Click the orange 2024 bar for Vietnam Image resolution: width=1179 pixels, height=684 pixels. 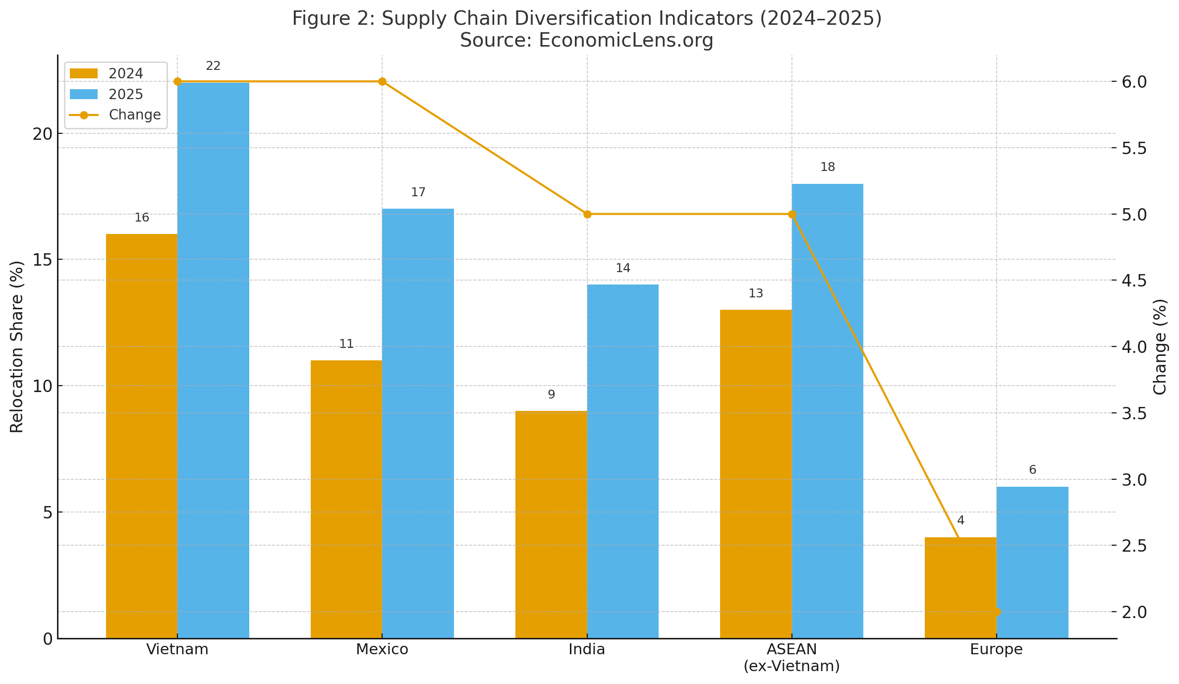click(142, 436)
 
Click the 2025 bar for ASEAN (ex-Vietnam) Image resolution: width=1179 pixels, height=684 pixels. click(828, 411)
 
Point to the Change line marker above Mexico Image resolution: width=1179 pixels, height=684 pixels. click(382, 82)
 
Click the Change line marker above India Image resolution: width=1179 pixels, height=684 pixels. click(587, 214)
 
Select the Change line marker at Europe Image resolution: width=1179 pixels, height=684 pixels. click(997, 612)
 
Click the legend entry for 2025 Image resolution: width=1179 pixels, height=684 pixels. click(125, 94)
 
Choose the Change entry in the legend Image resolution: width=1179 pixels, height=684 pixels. click(134, 115)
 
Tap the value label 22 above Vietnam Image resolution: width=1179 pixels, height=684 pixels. click(213, 66)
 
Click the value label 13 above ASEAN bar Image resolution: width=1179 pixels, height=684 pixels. click(756, 293)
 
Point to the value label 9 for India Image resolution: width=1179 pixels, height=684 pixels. click(551, 395)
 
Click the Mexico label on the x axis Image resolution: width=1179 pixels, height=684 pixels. click(382, 649)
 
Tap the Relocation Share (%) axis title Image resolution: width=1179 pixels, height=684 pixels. click(17, 346)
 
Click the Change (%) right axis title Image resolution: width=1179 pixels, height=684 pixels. click(1160, 346)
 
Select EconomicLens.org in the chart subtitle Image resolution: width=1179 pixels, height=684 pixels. click(626, 40)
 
